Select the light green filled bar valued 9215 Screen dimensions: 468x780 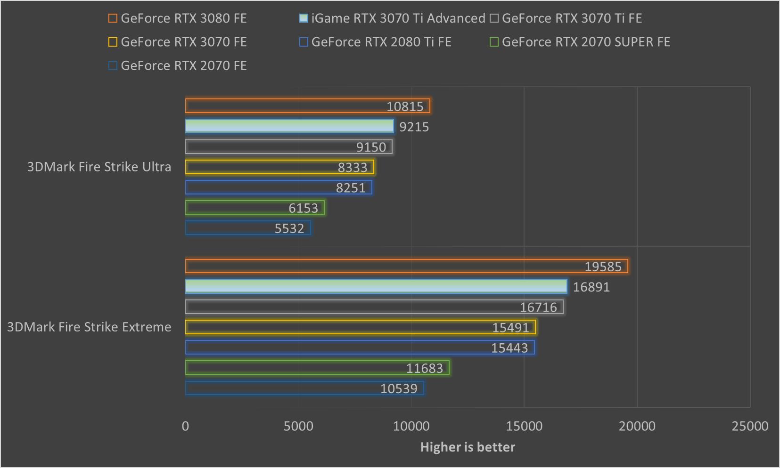pyautogui.click(x=289, y=126)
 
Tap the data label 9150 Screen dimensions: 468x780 pyautogui.click(x=371, y=147)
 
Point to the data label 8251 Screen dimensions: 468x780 pyautogui.click(x=351, y=188)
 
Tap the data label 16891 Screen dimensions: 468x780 pyautogui.click(x=591, y=287)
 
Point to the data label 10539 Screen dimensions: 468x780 pyautogui.click(x=399, y=388)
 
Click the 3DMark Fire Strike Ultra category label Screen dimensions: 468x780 pyautogui.click(x=99, y=167)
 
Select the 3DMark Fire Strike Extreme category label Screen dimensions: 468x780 pyautogui.click(x=89, y=327)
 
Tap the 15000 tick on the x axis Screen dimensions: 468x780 pyautogui.click(x=524, y=426)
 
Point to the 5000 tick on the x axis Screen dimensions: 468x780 pyautogui.click(x=298, y=426)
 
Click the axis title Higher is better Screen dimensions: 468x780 pyautogui.click(x=468, y=447)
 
